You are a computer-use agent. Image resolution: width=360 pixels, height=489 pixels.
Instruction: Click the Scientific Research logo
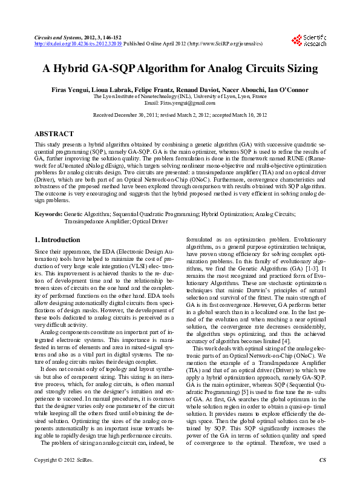coord(309,41)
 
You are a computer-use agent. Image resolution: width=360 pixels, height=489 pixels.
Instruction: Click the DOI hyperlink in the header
coord(78,44)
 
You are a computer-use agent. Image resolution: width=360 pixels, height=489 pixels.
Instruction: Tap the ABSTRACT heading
coord(54,134)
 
